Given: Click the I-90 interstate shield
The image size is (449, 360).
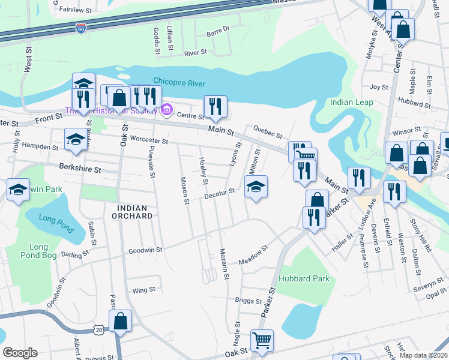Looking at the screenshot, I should (x=82, y=28).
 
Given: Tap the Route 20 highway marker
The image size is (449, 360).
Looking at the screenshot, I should (x=98, y=329).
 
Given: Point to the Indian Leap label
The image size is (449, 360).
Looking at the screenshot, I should (x=351, y=103).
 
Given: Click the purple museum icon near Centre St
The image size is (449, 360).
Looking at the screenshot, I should (x=167, y=110).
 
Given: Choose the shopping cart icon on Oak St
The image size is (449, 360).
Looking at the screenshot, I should (x=262, y=340).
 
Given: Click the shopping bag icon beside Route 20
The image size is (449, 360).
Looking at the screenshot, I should (x=121, y=320).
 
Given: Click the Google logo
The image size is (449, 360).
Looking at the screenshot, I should (x=20, y=353).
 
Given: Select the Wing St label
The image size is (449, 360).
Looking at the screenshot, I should (x=143, y=290).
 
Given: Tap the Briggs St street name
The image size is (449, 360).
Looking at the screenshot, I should (x=248, y=301).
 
